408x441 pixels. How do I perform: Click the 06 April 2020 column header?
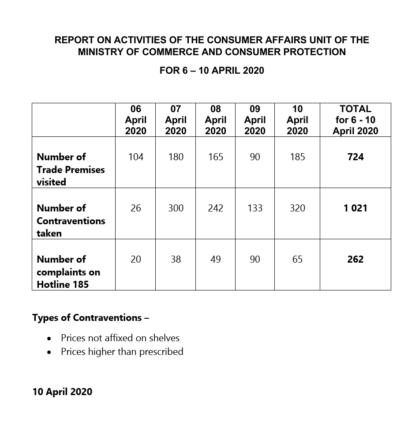(135, 120)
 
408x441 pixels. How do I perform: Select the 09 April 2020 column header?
(255, 120)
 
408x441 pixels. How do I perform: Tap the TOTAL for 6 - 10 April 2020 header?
(355, 120)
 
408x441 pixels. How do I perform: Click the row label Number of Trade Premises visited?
(71, 169)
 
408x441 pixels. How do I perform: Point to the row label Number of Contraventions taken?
(71, 220)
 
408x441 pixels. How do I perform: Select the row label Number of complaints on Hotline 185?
(68, 271)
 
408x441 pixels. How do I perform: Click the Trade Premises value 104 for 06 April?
(135, 157)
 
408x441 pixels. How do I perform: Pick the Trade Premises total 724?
(355, 157)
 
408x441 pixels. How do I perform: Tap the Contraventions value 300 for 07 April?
(176, 208)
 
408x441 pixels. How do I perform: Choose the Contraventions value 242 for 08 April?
(215, 208)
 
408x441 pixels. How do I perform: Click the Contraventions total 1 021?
(355, 208)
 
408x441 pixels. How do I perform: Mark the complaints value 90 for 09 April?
(255, 259)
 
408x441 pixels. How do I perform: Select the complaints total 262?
(355, 259)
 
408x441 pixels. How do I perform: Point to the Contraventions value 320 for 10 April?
(297, 208)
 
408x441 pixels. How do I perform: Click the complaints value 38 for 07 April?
(176, 259)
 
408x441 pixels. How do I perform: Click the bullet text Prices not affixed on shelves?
(120, 338)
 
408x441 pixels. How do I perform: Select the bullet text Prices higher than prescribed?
(122, 352)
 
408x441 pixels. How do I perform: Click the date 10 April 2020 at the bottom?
(62, 392)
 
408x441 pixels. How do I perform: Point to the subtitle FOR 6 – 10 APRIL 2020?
(212, 71)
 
